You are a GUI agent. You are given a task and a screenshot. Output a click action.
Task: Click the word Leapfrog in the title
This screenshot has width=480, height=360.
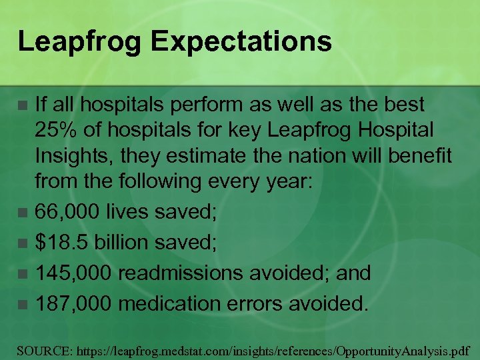(79, 42)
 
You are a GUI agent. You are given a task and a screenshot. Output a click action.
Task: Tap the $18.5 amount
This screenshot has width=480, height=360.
(62, 243)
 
